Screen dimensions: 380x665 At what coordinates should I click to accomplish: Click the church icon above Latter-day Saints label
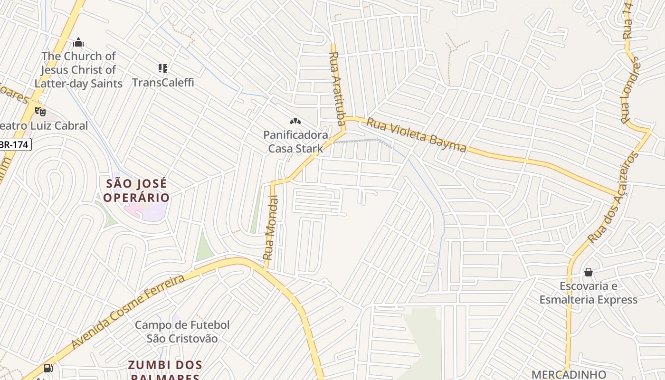pos(78,43)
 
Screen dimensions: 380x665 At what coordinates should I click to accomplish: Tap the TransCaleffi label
pos(163,82)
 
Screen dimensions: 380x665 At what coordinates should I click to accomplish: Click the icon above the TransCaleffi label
pos(163,68)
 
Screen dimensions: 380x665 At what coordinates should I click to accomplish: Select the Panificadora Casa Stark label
pos(295,142)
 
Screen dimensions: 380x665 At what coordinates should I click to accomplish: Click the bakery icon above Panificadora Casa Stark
pos(295,122)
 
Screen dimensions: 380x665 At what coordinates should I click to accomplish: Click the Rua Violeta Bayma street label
pos(416,136)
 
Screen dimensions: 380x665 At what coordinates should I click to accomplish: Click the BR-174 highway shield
pos(15,145)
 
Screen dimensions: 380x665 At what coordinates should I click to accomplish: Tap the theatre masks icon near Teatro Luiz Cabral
pos(40,112)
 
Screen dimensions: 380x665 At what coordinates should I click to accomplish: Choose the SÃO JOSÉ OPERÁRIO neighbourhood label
pos(136,190)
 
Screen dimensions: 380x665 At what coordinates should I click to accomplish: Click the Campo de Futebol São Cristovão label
pos(182,332)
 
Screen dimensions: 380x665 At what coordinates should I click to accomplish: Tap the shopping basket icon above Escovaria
pos(588,272)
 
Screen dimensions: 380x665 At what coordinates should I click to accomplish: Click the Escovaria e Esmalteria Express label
pos(588,293)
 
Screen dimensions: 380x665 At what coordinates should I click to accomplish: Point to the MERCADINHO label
pos(569,374)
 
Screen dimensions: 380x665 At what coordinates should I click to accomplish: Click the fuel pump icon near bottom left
pos(48,368)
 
